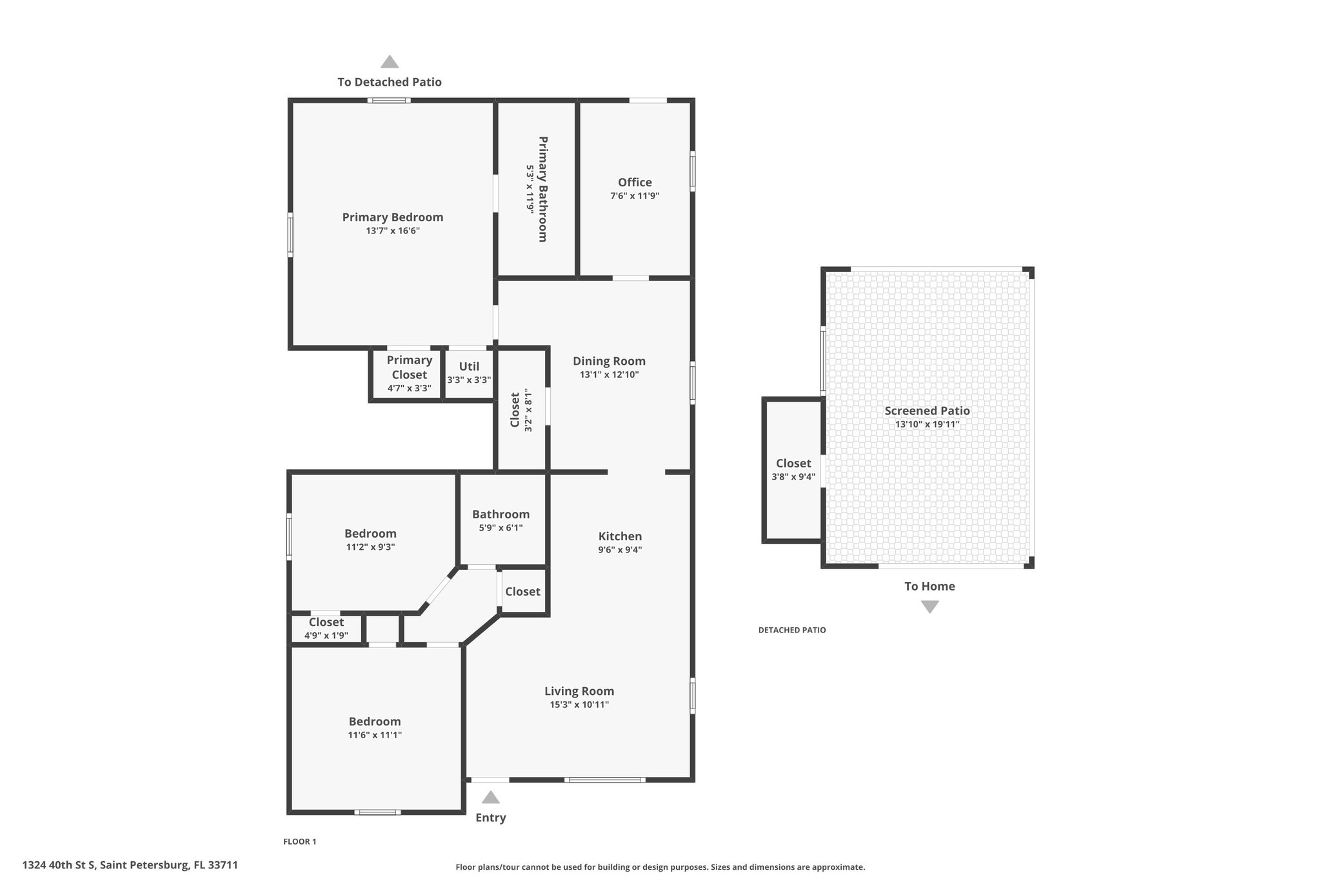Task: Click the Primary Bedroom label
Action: [x=392, y=217]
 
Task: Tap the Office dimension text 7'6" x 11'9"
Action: [x=635, y=196]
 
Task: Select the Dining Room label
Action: [x=609, y=361]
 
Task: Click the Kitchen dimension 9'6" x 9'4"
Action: [x=620, y=550]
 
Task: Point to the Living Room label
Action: [x=579, y=691]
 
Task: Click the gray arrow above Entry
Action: [x=491, y=797]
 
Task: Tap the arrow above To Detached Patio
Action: [x=390, y=61]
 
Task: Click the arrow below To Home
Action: [x=929, y=607]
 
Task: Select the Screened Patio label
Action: [x=927, y=411]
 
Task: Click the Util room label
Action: [x=469, y=366]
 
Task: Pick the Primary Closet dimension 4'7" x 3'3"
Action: [x=409, y=388]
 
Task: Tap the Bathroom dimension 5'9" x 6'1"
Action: [x=501, y=527]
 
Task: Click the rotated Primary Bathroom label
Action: [x=542, y=189]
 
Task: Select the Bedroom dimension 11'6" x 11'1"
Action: [x=375, y=735]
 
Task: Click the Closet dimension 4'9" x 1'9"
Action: [x=326, y=636]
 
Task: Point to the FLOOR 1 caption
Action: [x=300, y=841]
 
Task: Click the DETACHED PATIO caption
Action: [x=792, y=630]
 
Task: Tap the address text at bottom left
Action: [x=130, y=865]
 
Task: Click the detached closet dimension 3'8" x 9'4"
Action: [x=793, y=477]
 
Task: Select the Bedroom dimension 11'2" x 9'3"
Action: [x=370, y=547]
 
